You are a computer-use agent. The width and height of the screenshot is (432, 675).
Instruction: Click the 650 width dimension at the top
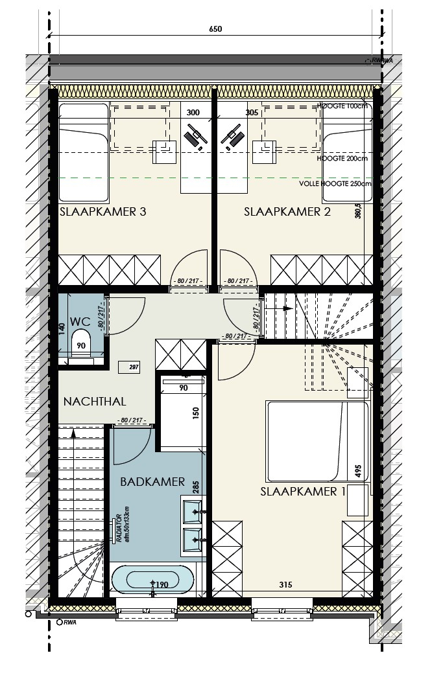216,29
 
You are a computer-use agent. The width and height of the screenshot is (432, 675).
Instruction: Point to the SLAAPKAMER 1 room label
303,492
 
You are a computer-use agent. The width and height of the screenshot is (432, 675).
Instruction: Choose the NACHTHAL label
95,402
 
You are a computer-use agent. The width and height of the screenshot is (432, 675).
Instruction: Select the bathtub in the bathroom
152,579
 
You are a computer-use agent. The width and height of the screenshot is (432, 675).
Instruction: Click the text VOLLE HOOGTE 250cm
335,183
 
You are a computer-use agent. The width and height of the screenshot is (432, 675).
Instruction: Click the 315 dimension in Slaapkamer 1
284,585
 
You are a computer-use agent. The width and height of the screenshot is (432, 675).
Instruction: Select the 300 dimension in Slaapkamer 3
193,112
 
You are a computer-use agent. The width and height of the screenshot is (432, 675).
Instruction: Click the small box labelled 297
135,367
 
